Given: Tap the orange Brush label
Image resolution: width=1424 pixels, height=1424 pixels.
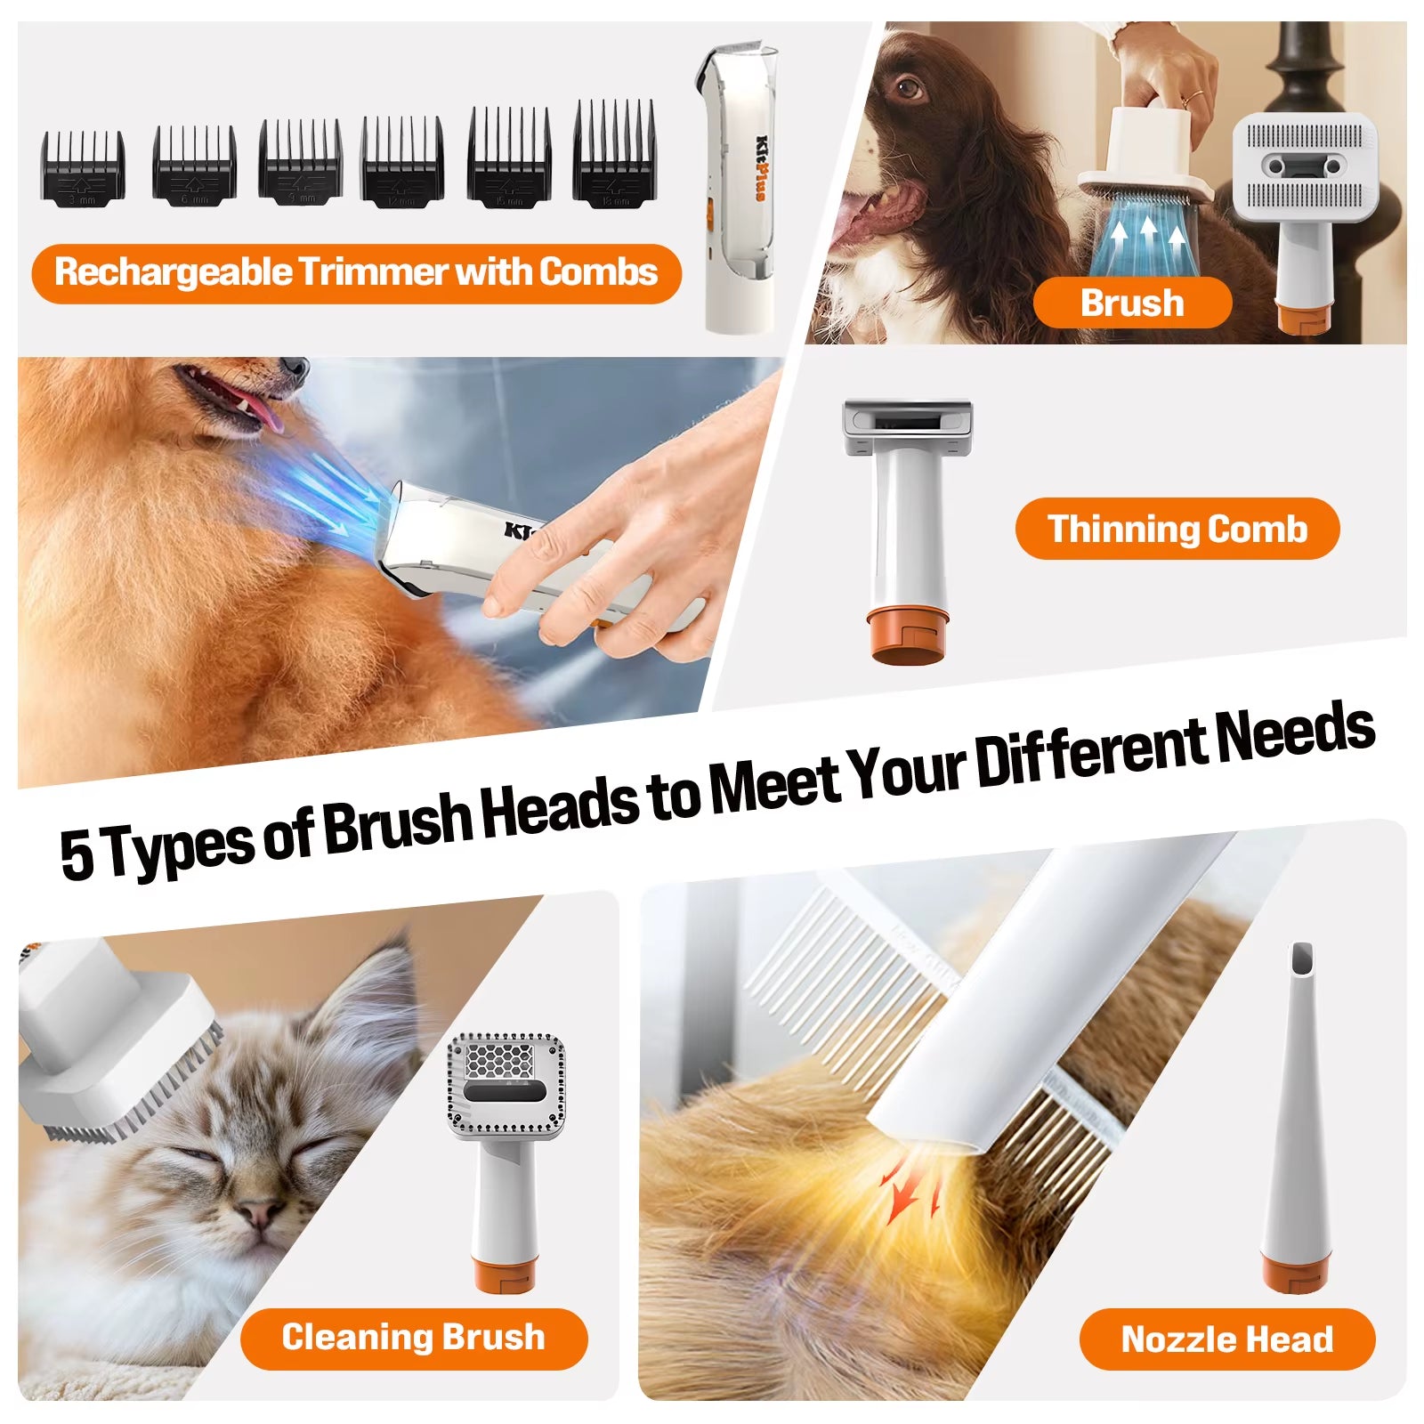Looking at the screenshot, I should pyautogui.click(x=1132, y=303).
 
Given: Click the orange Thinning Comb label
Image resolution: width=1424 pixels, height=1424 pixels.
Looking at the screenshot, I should pyautogui.click(x=1177, y=529).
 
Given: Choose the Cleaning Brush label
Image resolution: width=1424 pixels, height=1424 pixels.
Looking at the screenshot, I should pyautogui.click(x=413, y=1338).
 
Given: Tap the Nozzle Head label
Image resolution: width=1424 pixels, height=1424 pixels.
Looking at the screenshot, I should pyautogui.click(x=1226, y=1339).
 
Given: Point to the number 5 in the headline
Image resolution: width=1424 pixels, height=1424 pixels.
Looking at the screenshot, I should pyautogui.click(x=77, y=854).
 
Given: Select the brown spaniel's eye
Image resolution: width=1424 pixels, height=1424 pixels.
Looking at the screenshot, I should pyautogui.click(x=909, y=88).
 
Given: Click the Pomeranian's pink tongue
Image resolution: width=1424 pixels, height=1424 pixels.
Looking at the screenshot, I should pyautogui.click(x=258, y=409).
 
